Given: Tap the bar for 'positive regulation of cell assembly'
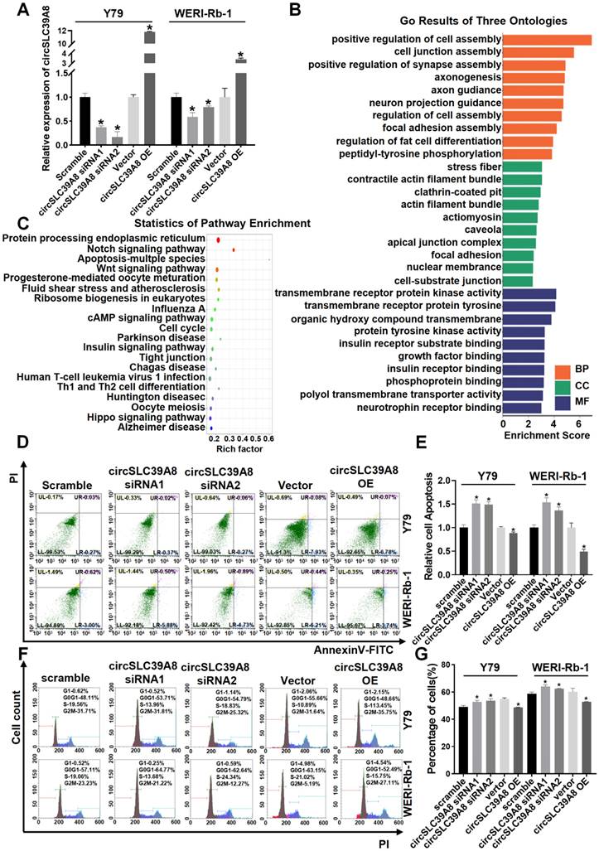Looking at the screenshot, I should pos(547,40).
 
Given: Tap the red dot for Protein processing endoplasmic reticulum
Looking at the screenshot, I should pos(218,240).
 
